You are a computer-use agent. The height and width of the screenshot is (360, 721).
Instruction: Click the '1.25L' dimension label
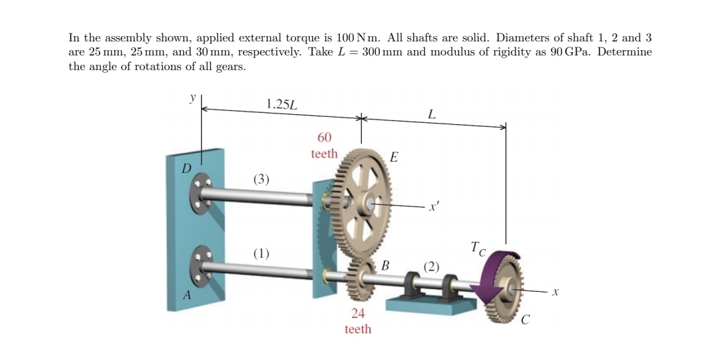coord(282,104)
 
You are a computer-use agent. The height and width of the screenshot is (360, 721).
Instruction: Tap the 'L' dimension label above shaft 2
coord(432,114)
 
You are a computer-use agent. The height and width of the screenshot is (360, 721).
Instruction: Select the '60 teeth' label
coord(324,146)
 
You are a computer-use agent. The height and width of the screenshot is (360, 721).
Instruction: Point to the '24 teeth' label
coord(358,321)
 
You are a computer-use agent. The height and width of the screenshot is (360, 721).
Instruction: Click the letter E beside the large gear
coord(393,158)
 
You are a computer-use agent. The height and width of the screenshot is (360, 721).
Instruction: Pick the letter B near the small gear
coord(385,265)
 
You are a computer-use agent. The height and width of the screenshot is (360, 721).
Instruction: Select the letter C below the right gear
coord(526,321)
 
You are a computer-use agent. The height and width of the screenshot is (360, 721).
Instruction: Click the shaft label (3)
coord(262,179)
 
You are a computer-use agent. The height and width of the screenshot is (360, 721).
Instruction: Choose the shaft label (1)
coord(262,253)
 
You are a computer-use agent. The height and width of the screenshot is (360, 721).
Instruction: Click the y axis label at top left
coord(192,98)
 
